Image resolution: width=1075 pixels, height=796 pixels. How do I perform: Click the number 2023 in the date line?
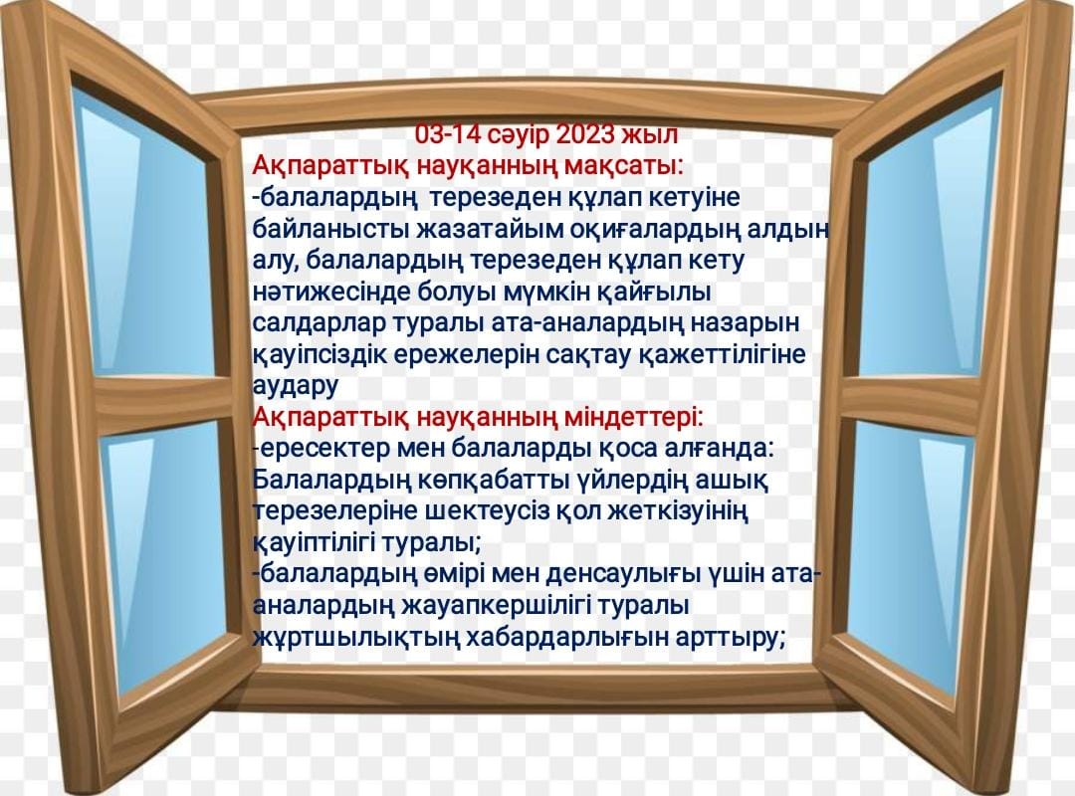coord(585,134)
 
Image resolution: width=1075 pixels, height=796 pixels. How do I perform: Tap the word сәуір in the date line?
coord(518,135)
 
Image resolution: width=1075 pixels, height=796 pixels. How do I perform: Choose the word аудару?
coord(296,386)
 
